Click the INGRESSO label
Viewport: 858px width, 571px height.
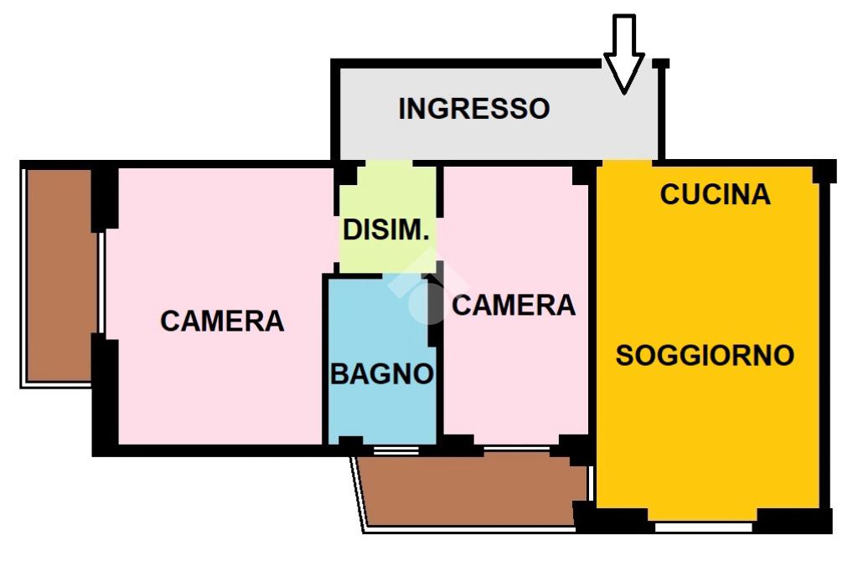click(x=473, y=108)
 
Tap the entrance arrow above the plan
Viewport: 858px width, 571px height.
click(x=624, y=55)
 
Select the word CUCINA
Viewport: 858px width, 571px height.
click(x=715, y=194)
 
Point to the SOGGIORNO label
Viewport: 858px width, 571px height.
click(x=705, y=355)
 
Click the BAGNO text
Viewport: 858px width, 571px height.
click(x=382, y=373)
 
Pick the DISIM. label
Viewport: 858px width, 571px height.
click(x=386, y=230)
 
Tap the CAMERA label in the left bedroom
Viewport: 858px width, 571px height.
click(x=222, y=320)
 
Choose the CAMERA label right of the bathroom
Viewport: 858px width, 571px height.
click(x=514, y=305)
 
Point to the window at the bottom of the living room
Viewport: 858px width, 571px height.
click(x=704, y=527)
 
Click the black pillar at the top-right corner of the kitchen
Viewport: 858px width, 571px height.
click(x=824, y=171)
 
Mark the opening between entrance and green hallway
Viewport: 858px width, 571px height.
click(x=387, y=162)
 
